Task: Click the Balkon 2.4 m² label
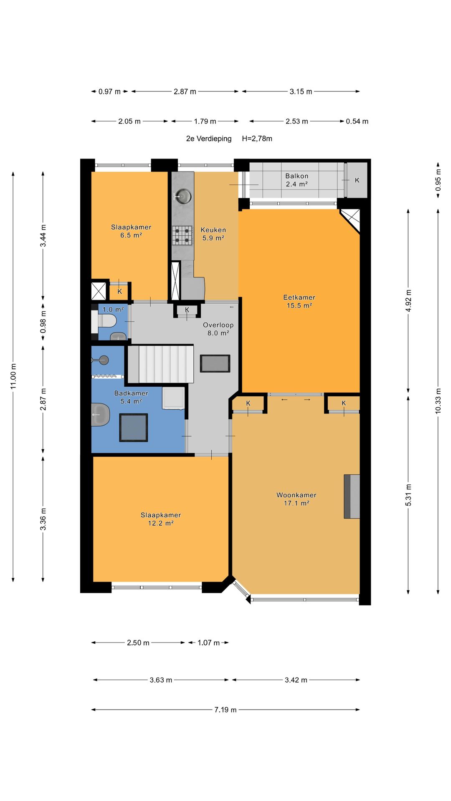[297, 180]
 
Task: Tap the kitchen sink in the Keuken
[182, 195]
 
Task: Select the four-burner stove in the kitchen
[182, 235]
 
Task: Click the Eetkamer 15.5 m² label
[299, 301]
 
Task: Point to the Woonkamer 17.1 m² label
[296, 499]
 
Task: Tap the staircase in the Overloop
[160, 363]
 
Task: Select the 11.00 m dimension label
[13, 377]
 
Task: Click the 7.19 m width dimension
[225, 710]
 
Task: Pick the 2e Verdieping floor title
[209, 139]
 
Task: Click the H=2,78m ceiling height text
[257, 139]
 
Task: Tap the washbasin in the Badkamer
[100, 414]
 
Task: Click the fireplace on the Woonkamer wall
[352, 496]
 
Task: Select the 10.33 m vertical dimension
[438, 401]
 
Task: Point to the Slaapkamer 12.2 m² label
[161, 519]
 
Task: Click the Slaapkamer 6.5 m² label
[131, 231]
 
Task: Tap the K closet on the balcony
[357, 180]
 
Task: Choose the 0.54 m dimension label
[357, 121]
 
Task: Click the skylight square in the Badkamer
[134, 428]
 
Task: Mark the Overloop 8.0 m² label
[218, 329]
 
